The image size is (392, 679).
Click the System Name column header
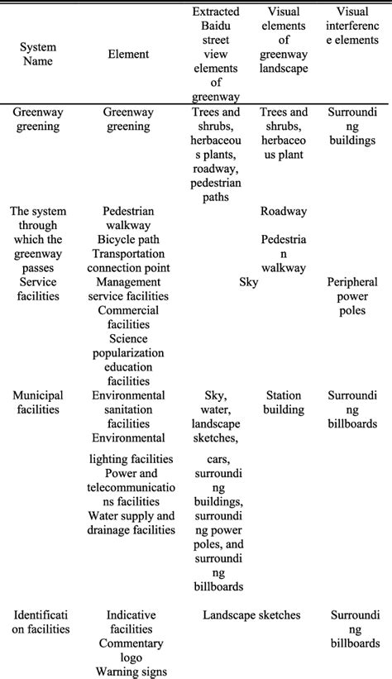(38, 54)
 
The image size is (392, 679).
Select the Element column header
(128, 54)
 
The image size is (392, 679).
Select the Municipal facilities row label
(38, 402)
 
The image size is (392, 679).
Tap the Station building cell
(283, 402)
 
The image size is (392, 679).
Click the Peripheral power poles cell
(352, 295)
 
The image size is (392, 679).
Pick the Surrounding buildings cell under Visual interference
(352, 127)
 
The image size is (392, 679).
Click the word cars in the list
(218, 459)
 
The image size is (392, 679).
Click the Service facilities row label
(38, 289)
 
